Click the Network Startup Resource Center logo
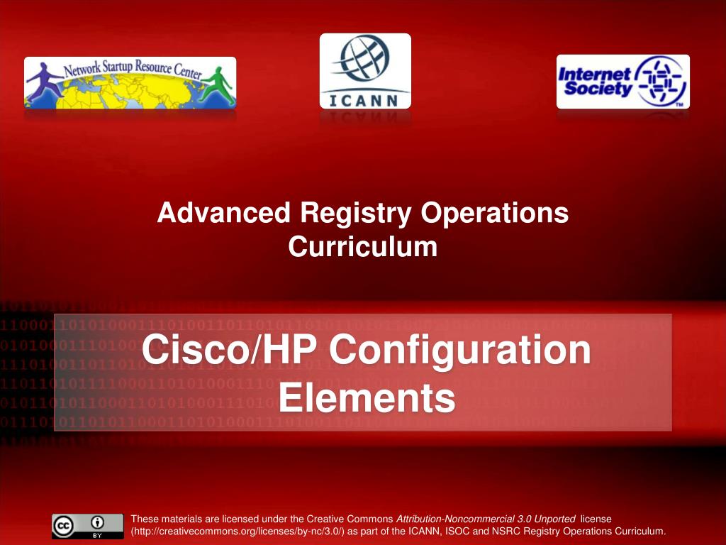130,83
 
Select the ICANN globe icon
365,58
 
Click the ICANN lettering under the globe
364,101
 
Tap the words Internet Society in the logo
595,81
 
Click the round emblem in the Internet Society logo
660,81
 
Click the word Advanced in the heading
224,213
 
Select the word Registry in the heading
356,214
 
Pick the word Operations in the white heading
494,214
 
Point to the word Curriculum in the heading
363,246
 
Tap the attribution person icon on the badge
97,523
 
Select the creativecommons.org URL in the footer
238,532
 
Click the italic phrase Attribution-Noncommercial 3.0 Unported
486,519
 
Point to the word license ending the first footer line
596,519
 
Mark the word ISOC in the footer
457,532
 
